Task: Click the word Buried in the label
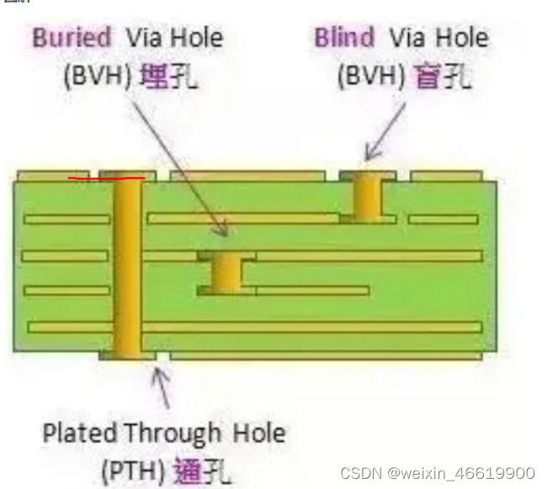(x=72, y=38)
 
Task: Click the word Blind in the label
(x=345, y=38)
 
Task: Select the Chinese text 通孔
(x=201, y=470)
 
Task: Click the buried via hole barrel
(x=226, y=274)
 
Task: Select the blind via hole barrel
(x=367, y=198)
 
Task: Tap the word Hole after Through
(x=258, y=433)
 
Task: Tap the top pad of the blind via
(x=368, y=176)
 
